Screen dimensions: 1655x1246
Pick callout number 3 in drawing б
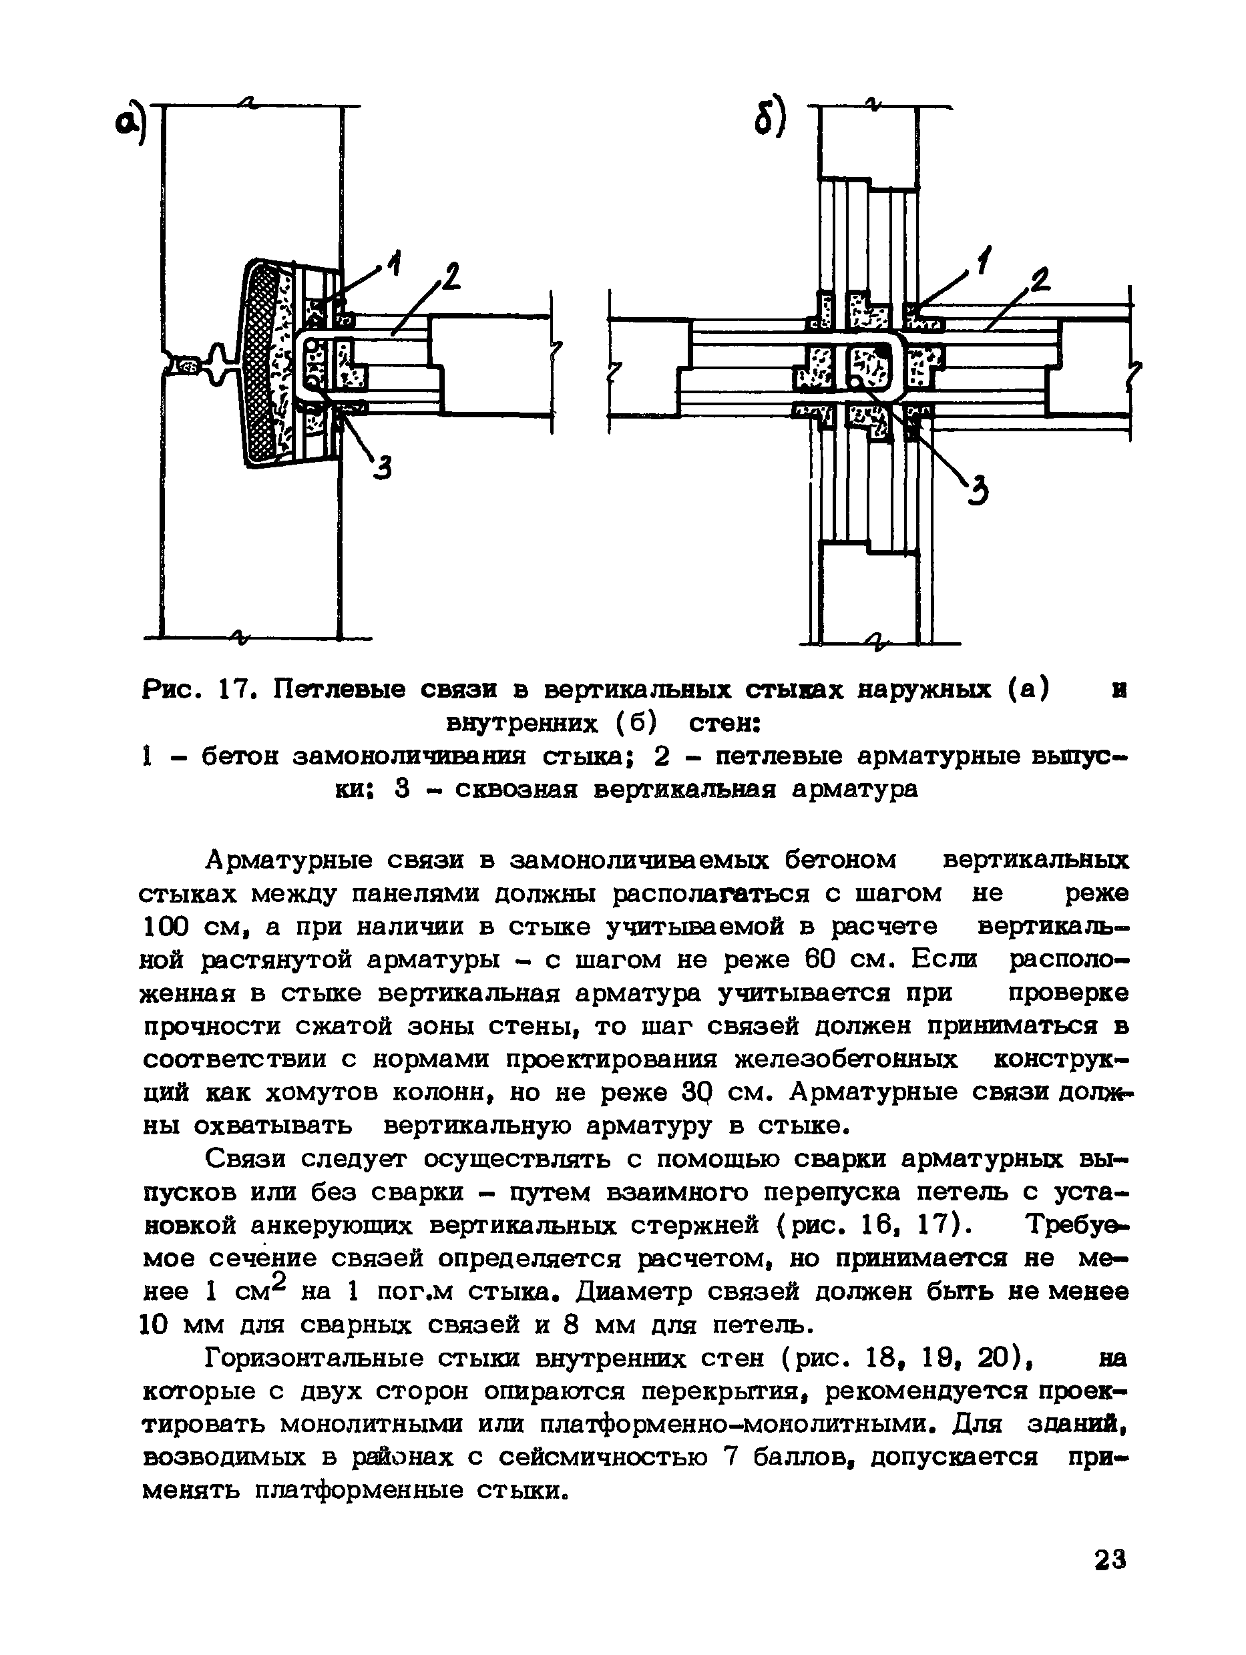978,492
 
